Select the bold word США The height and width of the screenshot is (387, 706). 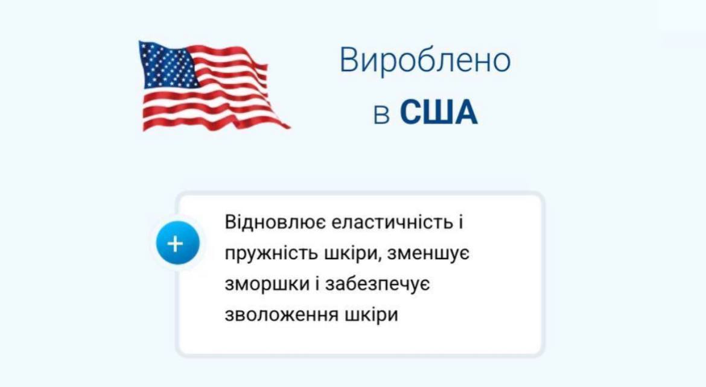click(439, 112)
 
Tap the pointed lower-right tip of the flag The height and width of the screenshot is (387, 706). click(290, 128)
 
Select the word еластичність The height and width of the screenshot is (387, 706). click(392, 222)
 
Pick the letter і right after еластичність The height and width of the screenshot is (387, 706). click(460, 222)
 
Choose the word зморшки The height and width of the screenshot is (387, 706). click(267, 285)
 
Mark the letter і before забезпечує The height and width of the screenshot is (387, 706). click(319, 284)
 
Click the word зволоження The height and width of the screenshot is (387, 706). click(281, 315)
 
